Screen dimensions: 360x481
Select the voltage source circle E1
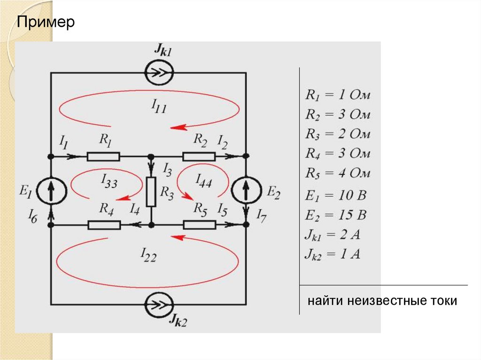click(50, 190)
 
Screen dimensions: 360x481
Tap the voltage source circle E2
click(246, 190)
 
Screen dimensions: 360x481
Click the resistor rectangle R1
click(103, 156)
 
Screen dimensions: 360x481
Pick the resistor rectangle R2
click(199, 156)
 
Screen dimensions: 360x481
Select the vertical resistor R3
click(151, 192)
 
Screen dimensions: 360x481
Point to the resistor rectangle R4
click(104, 225)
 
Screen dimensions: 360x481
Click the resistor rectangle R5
click(199, 225)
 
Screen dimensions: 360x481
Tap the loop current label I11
click(159, 107)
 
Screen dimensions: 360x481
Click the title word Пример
click(46, 23)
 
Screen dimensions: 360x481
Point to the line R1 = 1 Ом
click(338, 95)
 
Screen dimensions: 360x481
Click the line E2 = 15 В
click(335, 215)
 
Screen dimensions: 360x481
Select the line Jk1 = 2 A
click(333, 235)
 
